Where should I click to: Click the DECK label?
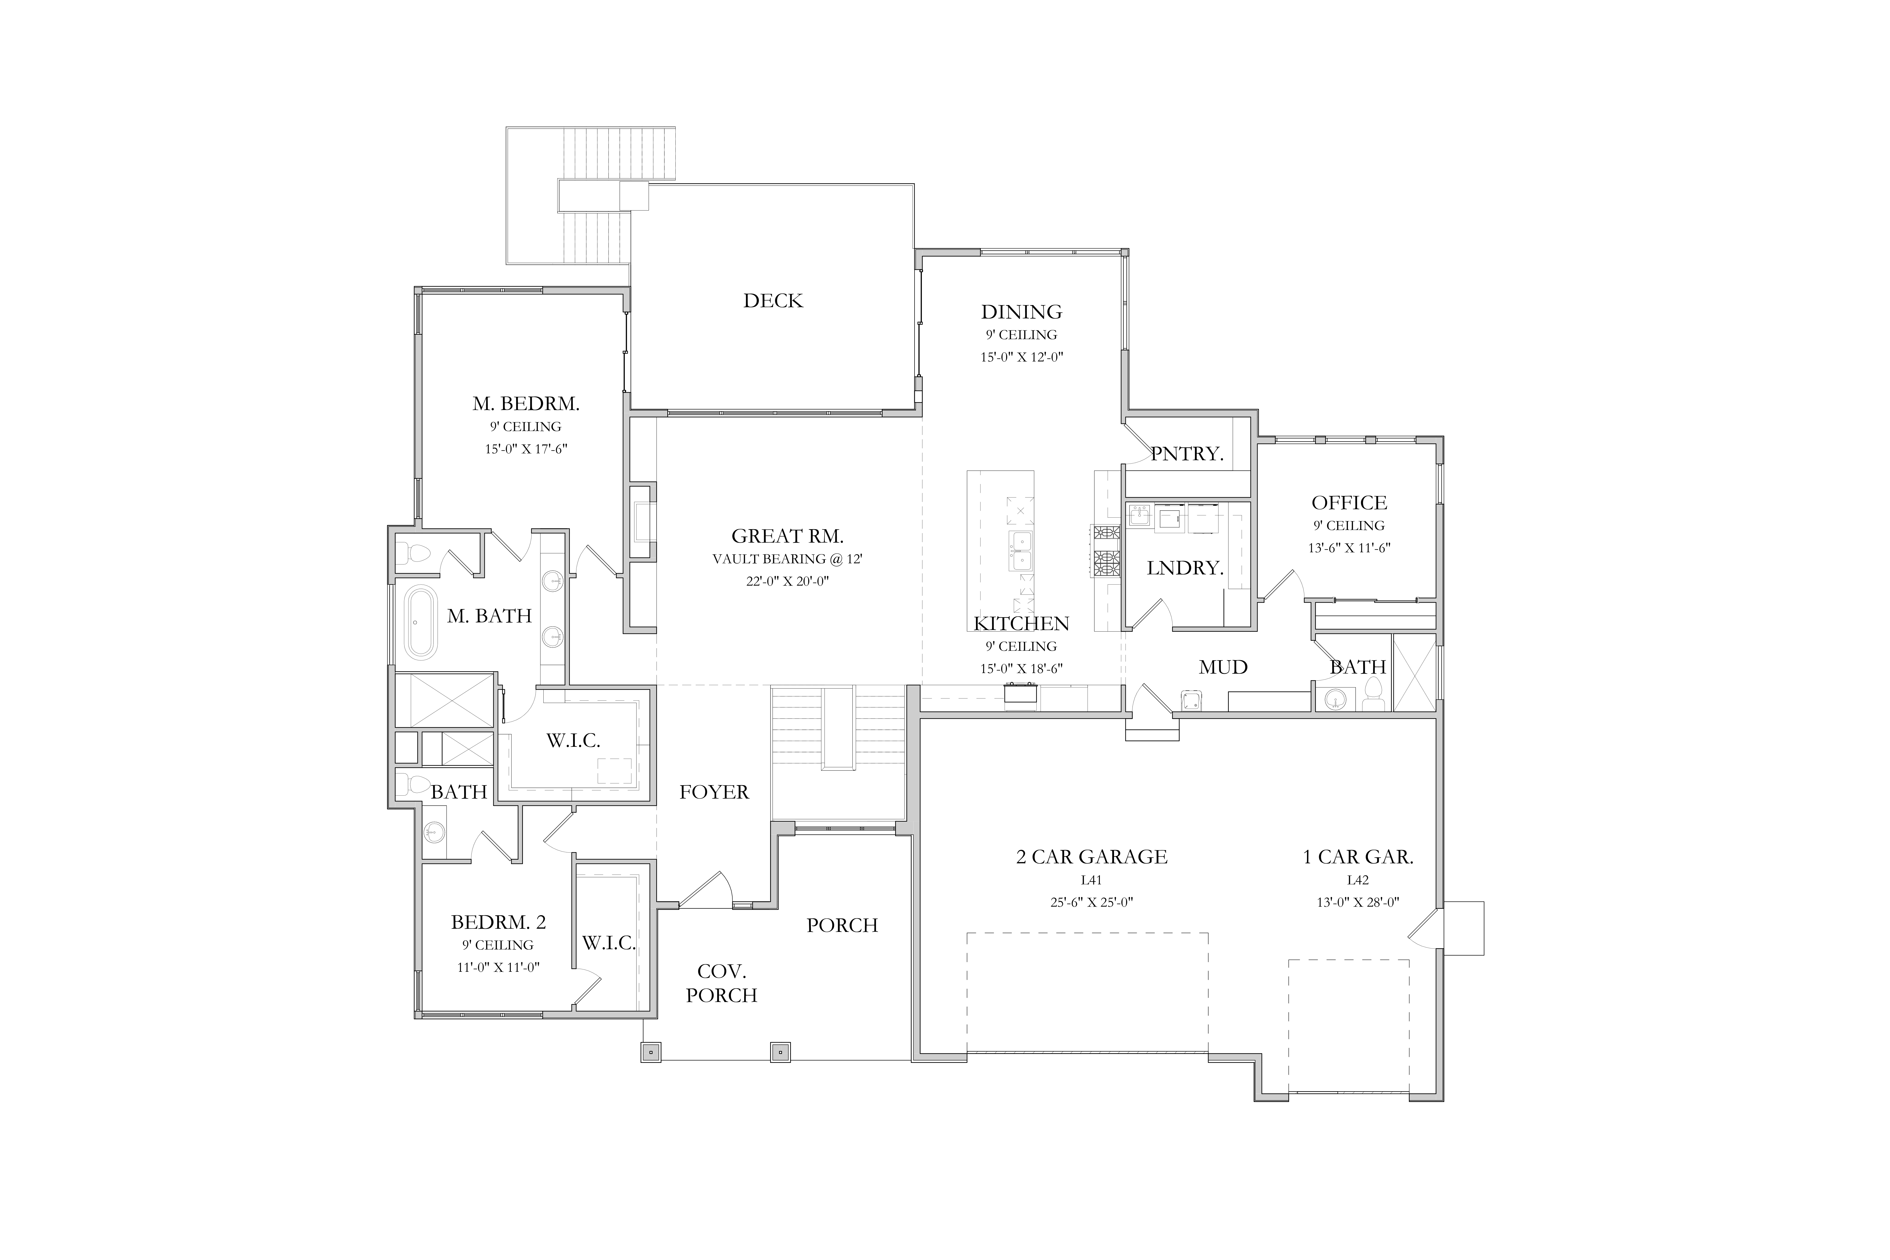pos(773,301)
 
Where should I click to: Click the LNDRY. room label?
pos(1185,568)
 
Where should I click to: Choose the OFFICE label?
pos(1349,503)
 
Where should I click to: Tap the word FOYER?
pos(713,792)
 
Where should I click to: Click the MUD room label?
pos(1223,667)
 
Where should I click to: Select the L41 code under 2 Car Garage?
pos(1091,880)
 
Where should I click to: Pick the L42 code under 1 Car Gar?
pos(1357,880)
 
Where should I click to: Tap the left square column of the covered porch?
pos(651,1052)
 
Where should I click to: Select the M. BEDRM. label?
pos(526,403)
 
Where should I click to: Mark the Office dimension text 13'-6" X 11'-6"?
pos(1349,548)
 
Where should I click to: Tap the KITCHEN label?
pos(1021,624)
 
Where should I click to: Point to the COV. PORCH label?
pos(722,984)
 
